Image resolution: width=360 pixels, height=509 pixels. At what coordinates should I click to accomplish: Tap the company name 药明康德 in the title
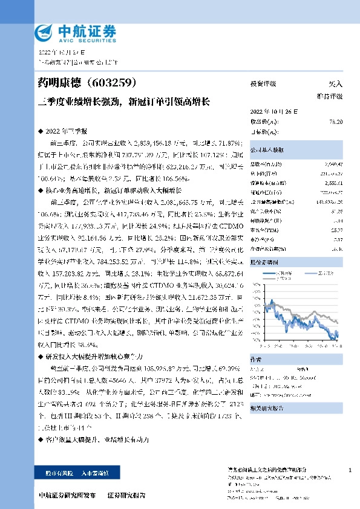pyautogui.click(x=60, y=81)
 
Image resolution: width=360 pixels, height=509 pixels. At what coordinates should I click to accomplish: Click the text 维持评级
pyautogui.click(x=330, y=96)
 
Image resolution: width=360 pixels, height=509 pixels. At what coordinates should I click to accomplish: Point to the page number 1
pyautogui.click(x=350, y=470)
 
